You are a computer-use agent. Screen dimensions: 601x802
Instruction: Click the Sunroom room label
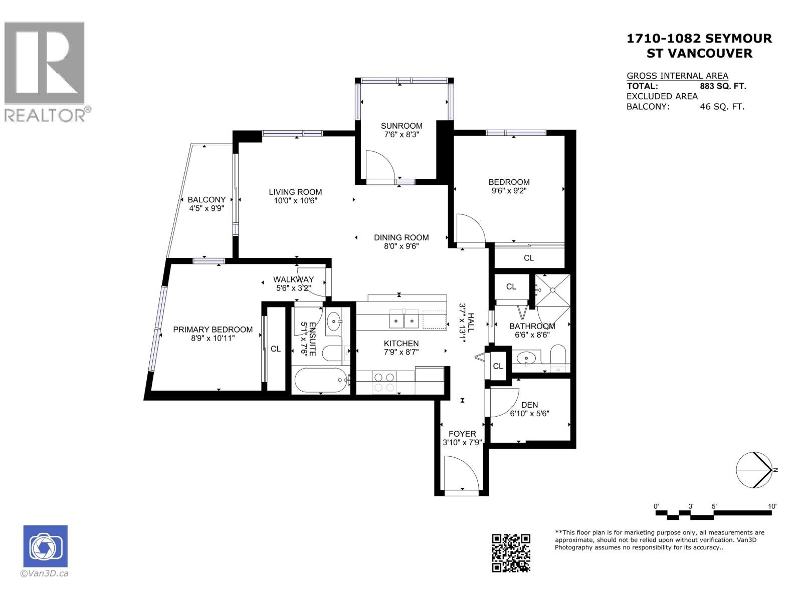402,126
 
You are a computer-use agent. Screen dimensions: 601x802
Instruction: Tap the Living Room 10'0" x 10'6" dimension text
295,201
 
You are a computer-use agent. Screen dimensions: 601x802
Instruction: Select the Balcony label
207,199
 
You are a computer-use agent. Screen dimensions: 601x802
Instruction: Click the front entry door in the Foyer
462,473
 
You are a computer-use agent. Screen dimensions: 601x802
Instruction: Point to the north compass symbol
754,470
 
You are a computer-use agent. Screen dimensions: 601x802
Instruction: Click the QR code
511,553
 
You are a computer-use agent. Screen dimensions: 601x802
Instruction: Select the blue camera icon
45,546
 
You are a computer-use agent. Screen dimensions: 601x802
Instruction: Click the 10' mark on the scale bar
772,506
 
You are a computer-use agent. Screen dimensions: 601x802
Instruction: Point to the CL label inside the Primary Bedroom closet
276,349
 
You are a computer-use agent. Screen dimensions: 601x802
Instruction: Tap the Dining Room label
401,237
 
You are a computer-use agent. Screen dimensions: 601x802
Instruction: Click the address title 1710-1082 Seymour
699,39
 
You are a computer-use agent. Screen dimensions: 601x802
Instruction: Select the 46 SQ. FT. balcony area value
722,106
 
